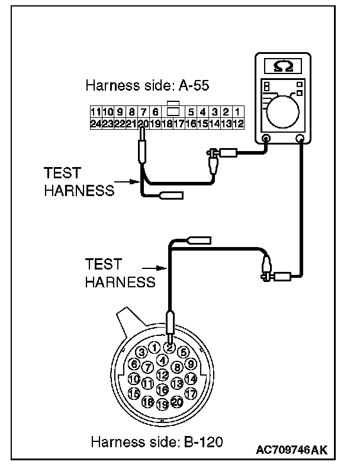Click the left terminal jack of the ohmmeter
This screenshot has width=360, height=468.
(x=266, y=140)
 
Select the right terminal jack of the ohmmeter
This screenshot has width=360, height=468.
(x=300, y=140)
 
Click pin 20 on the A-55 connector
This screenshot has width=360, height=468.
(x=142, y=124)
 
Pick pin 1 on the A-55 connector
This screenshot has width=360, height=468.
(x=237, y=111)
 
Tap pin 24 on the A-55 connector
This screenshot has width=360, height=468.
(x=95, y=124)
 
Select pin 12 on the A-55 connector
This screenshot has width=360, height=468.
(x=237, y=124)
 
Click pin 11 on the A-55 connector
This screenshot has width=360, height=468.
(x=95, y=111)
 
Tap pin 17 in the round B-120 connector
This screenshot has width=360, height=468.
(x=190, y=393)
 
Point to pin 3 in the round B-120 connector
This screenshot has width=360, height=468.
(x=142, y=352)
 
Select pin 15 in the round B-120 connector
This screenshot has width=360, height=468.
(x=134, y=393)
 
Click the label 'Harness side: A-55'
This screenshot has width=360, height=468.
(x=147, y=86)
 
